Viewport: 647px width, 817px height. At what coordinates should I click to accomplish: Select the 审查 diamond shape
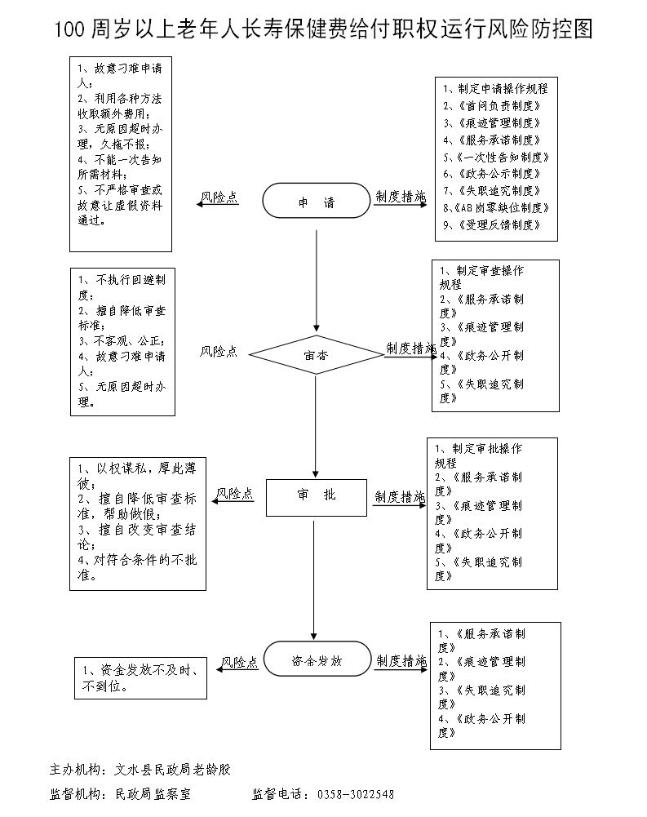(x=316, y=355)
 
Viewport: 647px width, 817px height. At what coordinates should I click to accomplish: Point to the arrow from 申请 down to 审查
(x=316, y=278)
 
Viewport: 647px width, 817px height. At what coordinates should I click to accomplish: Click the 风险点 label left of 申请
(x=219, y=198)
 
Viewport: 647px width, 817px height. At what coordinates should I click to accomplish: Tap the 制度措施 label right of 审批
(x=400, y=496)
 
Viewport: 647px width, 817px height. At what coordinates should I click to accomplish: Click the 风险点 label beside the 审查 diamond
(x=219, y=351)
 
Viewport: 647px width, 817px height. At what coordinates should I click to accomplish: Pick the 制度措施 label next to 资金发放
(x=400, y=661)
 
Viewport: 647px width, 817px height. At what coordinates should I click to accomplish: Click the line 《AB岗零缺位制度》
(x=495, y=208)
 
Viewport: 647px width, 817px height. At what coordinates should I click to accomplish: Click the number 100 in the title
(x=70, y=30)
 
